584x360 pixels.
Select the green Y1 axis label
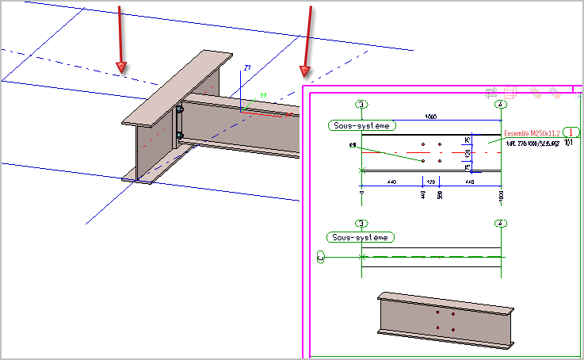(x=264, y=96)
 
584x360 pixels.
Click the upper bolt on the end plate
(x=181, y=109)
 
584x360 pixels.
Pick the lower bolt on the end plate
(x=181, y=136)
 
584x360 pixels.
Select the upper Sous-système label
(x=362, y=125)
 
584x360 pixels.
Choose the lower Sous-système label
(x=362, y=237)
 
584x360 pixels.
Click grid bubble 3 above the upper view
(x=362, y=104)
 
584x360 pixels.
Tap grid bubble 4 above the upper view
(x=501, y=104)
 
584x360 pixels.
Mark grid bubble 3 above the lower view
(x=362, y=224)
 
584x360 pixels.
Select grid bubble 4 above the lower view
(x=501, y=224)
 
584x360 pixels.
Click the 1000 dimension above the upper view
(x=431, y=116)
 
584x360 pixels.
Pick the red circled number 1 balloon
(x=573, y=132)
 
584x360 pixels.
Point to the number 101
(x=569, y=144)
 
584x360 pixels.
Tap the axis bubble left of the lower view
(x=321, y=257)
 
